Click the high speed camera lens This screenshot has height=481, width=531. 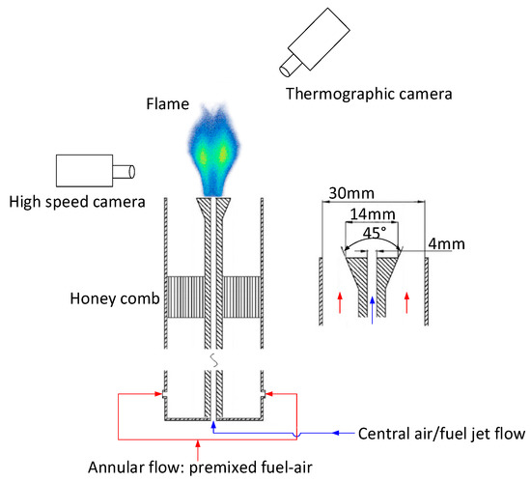[x=122, y=172]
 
